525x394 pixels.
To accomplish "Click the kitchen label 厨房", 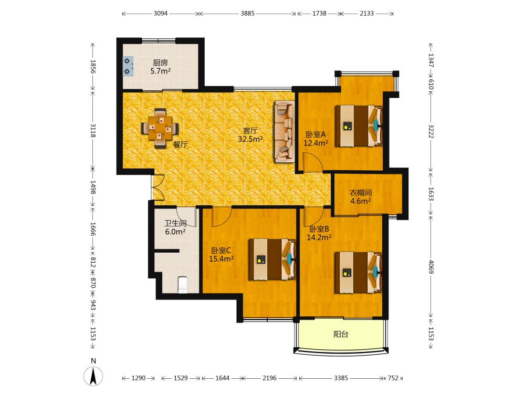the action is point(160,63).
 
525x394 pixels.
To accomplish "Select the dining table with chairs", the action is point(160,128).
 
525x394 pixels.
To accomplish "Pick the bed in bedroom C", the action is point(272,260).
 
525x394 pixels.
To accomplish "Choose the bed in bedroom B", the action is point(359,272).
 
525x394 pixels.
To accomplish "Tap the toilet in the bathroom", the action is point(183,284).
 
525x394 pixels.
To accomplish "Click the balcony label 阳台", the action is point(341,334).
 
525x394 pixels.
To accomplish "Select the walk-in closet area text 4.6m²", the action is point(360,201).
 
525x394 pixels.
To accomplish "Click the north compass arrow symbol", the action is point(93,376).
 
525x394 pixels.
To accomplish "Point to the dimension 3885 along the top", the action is point(247,14).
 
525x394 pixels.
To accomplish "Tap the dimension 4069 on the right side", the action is point(431,267).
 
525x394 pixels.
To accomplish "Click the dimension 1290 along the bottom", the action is point(138,378).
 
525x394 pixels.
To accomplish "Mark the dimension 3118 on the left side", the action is point(93,130).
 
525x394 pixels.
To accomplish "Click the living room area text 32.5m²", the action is point(250,139).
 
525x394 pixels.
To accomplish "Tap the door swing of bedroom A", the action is point(313,162).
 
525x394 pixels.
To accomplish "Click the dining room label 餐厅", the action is point(180,145).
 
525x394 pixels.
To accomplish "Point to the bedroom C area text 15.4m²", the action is point(221,258).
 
